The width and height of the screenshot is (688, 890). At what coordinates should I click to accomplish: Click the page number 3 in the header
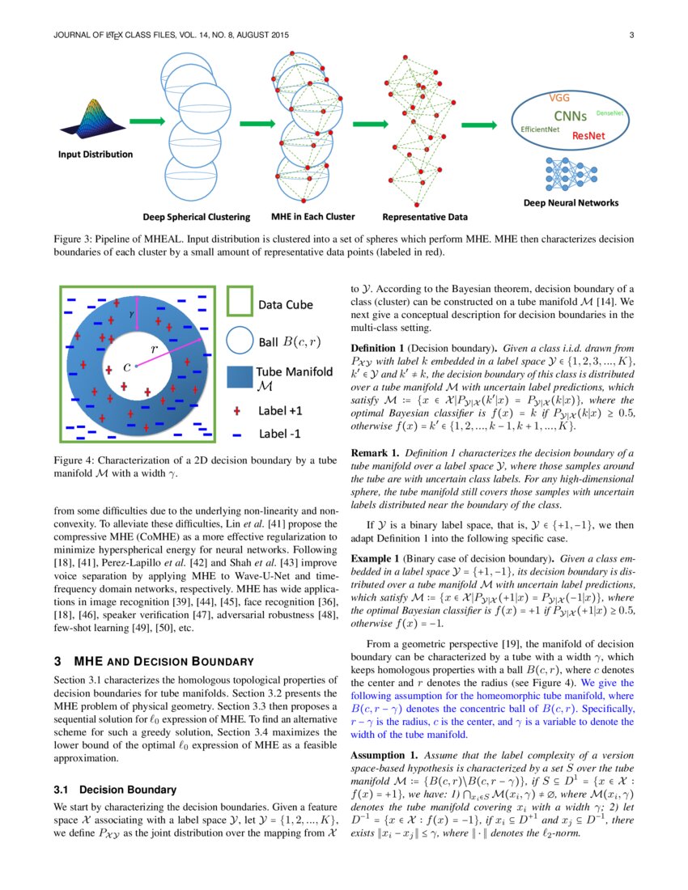click(x=631, y=35)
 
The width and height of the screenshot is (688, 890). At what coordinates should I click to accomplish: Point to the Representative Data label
click(x=424, y=217)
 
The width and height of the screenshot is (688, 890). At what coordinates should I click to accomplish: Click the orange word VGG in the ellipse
click(x=560, y=97)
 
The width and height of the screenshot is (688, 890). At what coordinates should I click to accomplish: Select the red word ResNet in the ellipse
click(x=589, y=136)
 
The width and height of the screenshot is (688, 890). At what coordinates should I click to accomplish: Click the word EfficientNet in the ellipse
click(x=541, y=129)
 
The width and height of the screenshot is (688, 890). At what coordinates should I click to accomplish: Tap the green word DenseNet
click(x=609, y=114)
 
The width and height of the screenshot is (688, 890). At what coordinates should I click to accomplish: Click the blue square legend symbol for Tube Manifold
click(x=240, y=378)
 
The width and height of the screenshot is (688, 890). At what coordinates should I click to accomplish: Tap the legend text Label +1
click(x=280, y=410)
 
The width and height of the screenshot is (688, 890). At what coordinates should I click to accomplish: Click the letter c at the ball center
click(x=126, y=367)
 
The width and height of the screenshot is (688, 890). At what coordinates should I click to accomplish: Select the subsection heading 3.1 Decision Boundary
click(x=114, y=789)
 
